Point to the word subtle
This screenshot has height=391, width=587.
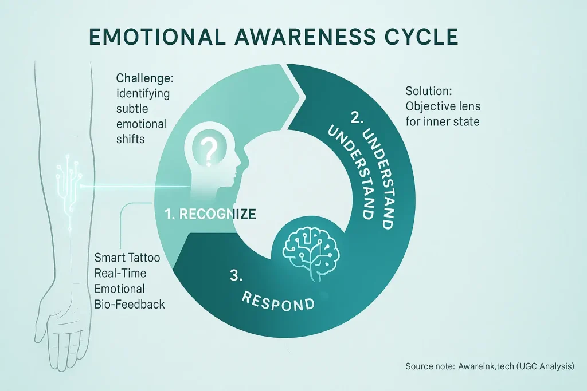131,109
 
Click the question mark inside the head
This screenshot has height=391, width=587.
210,150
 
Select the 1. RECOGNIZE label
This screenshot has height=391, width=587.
209,215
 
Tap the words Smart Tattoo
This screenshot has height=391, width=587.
127,258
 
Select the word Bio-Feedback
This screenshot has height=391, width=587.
130,304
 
